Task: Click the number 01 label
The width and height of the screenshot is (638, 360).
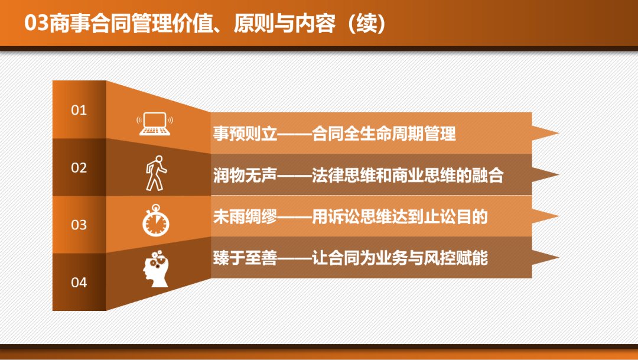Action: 79,110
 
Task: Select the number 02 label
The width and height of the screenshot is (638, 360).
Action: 79,167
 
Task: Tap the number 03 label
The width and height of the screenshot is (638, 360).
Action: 79,225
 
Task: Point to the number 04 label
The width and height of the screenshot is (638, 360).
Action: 79,282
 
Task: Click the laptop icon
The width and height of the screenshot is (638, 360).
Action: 155,124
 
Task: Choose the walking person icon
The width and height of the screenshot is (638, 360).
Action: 156,173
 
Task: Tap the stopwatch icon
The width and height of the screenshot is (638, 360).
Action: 156,220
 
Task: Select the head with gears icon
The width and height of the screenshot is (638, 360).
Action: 156,269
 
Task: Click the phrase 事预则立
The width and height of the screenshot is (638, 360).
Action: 245,134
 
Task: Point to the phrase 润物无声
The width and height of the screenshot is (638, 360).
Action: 245,175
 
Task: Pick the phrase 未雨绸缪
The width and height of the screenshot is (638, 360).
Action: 245,217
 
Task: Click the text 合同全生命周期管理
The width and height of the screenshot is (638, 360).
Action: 384,134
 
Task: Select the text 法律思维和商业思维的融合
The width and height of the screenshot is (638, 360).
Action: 408,175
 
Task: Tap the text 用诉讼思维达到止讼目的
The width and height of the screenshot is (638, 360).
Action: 399,217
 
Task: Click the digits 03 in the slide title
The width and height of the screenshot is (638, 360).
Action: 36,23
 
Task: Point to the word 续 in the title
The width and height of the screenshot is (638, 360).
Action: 366,23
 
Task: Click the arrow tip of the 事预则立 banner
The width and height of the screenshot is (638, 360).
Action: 559,133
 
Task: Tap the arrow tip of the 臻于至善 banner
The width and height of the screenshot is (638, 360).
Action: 559,257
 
